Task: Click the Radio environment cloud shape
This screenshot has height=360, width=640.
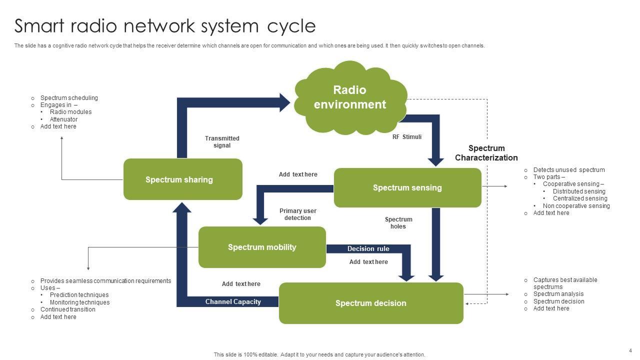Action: (x=350, y=97)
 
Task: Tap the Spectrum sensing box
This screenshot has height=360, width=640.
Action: (x=407, y=187)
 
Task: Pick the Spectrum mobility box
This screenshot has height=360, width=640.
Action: (x=262, y=247)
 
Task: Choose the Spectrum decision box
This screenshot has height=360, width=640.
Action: (x=371, y=303)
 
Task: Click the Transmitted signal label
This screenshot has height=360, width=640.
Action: (x=222, y=142)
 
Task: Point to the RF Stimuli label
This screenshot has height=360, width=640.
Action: (x=407, y=136)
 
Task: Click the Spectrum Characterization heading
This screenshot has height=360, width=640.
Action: (x=486, y=153)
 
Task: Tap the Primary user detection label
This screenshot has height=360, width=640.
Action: (x=298, y=214)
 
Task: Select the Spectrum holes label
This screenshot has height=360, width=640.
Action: (x=398, y=223)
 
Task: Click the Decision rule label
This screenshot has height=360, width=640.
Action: (x=368, y=248)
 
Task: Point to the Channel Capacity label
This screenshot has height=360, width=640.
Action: (x=233, y=301)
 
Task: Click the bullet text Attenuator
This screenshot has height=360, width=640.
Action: (x=63, y=119)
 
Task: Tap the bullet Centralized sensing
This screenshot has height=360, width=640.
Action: (x=580, y=198)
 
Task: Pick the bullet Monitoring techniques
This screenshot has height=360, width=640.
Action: (x=79, y=302)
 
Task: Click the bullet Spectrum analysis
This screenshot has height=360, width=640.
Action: (x=558, y=294)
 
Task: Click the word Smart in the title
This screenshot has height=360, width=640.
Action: (x=41, y=25)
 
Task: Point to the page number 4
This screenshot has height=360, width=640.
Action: (x=630, y=350)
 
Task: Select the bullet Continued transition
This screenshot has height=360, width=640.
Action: (x=68, y=309)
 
